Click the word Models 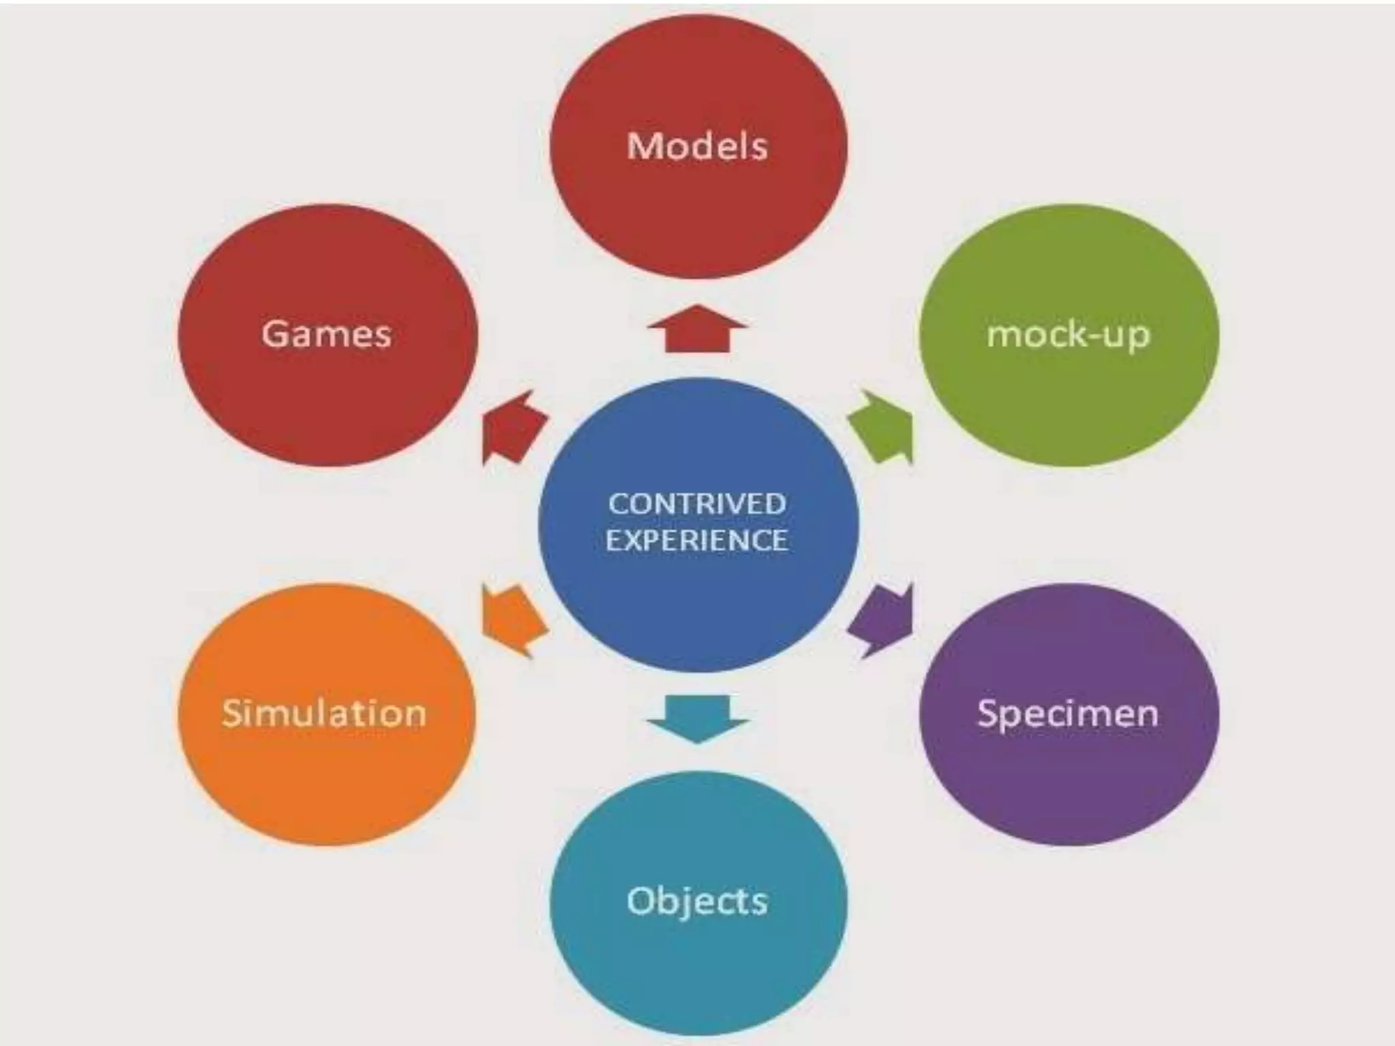point(697,146)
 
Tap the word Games point(326,334)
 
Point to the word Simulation point(324,713)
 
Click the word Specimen point(1067,713)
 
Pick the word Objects point(697,900)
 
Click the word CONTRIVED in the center point(697,504)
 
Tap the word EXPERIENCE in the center point(697,541)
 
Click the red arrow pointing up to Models point(697,330)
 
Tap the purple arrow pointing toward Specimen point(883,619)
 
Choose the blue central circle point(697,599)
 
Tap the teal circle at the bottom point(697,967)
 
